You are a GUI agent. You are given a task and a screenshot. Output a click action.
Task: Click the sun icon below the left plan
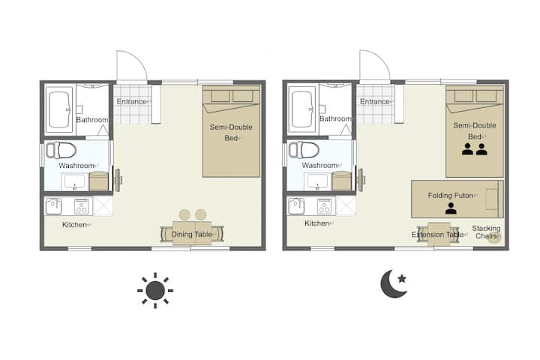[155, 290]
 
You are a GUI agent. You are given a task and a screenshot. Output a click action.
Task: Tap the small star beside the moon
[402, 278]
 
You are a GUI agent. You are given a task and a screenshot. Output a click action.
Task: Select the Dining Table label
[191, 234]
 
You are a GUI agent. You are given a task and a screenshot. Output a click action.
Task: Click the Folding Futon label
[450, 195]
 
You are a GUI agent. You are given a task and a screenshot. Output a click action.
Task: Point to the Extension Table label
[437, 235]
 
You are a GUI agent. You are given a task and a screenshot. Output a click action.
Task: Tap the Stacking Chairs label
[486, 232]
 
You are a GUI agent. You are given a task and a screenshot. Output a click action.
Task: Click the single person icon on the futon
[451, 208]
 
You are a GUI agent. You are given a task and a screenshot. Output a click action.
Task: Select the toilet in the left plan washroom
[61, 150]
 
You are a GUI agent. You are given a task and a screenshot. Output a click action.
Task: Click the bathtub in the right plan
[302, 109]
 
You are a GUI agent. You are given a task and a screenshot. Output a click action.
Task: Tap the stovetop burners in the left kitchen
[82, 207]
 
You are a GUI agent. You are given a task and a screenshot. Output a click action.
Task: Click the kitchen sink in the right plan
[295, 206]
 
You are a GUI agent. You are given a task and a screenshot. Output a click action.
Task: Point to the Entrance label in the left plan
[131, 102]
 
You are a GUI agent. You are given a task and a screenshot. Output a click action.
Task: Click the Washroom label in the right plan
[319, 165]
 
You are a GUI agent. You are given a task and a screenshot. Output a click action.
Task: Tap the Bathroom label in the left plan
[92, 119]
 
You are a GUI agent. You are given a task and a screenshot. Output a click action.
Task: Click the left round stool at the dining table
[184, 215]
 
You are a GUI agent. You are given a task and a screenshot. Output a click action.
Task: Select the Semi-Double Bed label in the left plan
[231, 133]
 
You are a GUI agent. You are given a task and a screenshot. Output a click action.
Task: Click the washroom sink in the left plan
[75, 181]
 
